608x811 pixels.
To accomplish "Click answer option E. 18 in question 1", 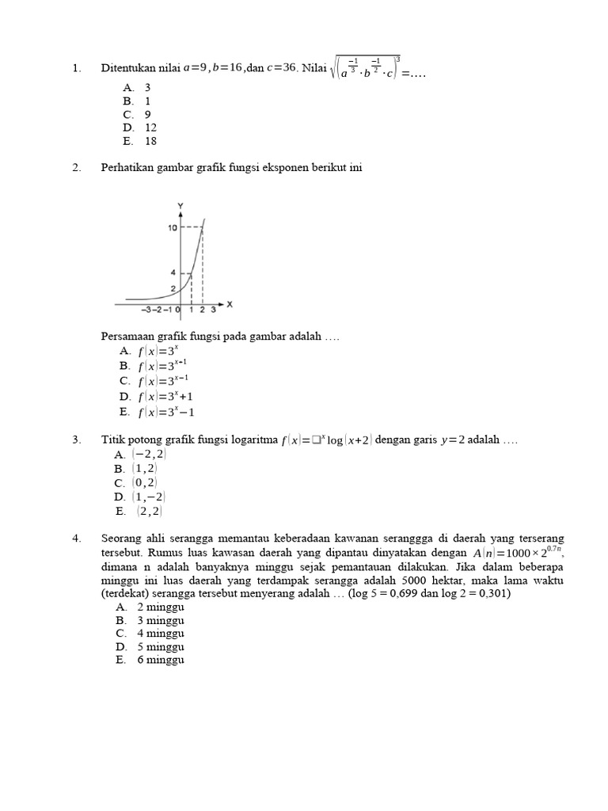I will click(140, 141).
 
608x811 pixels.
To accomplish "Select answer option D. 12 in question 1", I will click(140, 128).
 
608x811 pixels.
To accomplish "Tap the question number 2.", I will click(76, 168).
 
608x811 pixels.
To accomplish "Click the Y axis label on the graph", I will click(180, 207).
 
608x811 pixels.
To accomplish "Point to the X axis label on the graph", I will click(230, 303).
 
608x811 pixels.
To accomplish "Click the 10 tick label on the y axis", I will click(172, 228).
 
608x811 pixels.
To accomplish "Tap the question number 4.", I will click(76, 539).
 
